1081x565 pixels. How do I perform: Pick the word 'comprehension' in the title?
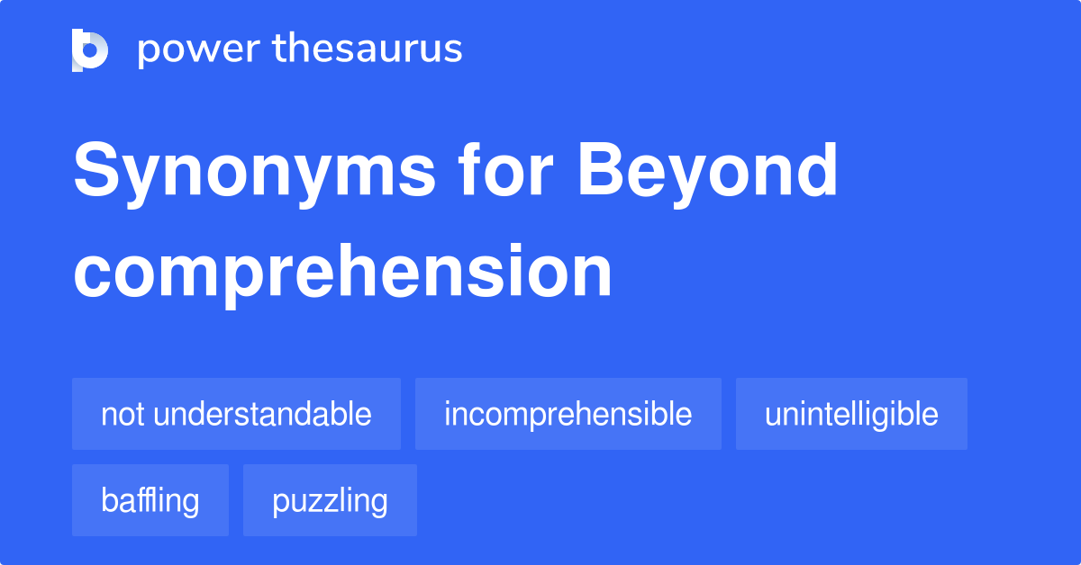click(342, 273)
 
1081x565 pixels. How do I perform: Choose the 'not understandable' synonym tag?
click(236, 414)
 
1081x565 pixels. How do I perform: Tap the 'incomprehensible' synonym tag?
click(568, 414)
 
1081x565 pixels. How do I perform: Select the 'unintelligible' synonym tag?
click(851, 414)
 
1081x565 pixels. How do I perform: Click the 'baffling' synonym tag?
click(150, 500)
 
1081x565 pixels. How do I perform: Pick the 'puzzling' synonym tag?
click(330, 500)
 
